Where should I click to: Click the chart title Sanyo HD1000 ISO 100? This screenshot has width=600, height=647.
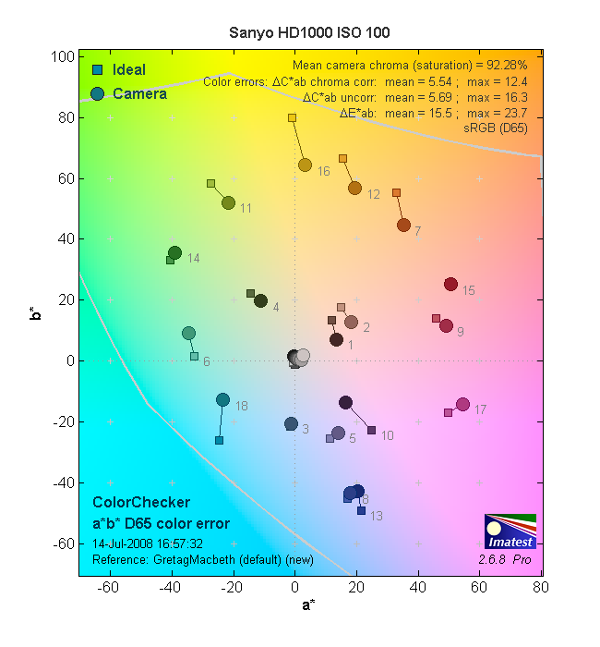[309, 32]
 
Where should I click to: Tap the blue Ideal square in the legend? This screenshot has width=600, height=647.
[97, 70]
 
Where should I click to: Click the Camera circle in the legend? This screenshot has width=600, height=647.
[98, 92]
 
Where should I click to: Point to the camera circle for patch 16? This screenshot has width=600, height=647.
[305, 165]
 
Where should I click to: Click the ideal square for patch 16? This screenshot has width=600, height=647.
[292, 118]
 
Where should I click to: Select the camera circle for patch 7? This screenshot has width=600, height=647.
[403, 225]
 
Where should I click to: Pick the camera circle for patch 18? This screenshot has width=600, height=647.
[222, 399]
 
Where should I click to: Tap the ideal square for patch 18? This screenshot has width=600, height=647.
[219, 440]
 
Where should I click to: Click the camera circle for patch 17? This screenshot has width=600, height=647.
[462, 404]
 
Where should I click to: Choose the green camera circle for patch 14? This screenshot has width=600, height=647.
[174, 252]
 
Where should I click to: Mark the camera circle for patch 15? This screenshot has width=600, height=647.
[450, 284]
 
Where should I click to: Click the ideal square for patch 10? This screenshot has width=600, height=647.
[371, 430]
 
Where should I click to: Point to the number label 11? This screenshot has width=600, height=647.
[246, 209]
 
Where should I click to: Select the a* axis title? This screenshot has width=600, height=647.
[311, 606]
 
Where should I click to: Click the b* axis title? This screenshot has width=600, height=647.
[34, 315]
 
